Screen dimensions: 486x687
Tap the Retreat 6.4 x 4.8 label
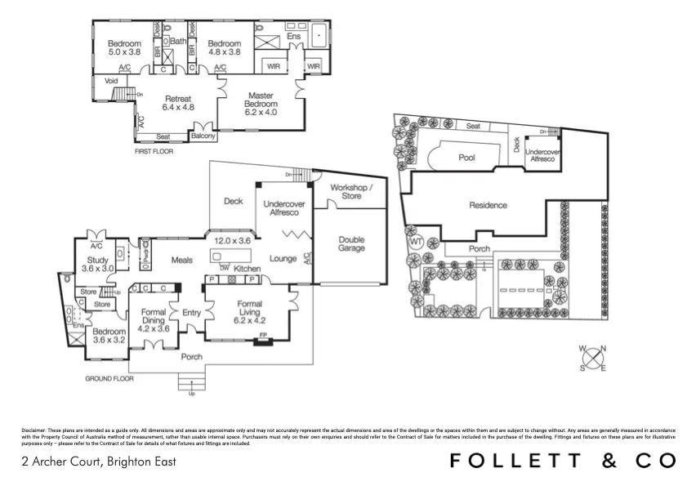coord(178,101)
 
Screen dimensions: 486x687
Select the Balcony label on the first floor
coord(203,136)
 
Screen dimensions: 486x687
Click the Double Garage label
coord(352,245)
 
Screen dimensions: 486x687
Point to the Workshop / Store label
coord(350,191)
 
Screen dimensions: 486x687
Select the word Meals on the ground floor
coord(181,261)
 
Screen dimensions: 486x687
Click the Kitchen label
coord(248,269)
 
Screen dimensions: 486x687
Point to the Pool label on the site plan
coord(466,158)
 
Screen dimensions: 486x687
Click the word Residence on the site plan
coord(487,206)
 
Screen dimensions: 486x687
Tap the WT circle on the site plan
coord(416,242)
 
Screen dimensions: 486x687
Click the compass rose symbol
coord(592,359)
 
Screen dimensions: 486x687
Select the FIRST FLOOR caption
coord(154,151)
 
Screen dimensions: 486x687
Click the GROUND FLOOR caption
coord(109,379)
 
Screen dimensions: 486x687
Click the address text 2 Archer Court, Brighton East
coord(98,461)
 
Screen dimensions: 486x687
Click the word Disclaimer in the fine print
coord(34,429)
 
